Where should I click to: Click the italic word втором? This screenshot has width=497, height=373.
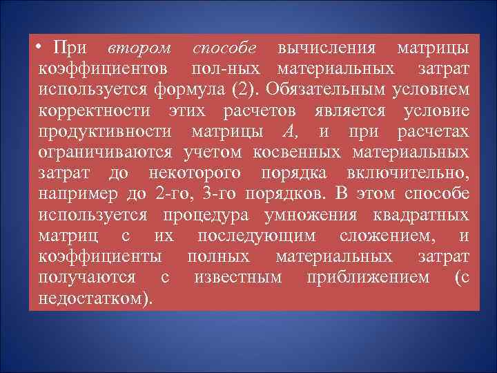click(x=139, y=49)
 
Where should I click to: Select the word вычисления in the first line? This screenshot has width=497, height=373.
click(x=327, y=49)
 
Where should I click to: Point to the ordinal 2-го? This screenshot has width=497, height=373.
click(x=173, y=194)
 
